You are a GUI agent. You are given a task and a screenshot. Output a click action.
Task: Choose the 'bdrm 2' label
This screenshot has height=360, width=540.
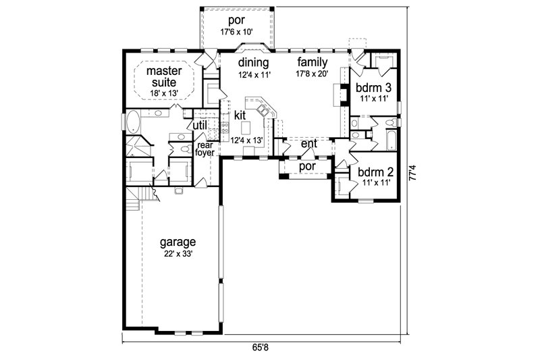371,172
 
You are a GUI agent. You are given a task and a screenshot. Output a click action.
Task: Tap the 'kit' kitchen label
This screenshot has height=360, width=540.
240,115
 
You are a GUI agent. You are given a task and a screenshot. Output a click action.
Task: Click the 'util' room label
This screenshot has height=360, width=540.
200,125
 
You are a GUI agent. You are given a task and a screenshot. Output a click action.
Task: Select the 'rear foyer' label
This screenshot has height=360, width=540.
205,149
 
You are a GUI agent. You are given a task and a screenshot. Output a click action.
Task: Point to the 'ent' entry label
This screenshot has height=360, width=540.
308,143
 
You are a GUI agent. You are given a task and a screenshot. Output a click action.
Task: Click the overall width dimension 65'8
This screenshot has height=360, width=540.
262,348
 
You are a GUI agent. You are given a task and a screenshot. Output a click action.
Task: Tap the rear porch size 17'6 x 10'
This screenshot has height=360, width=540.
236,30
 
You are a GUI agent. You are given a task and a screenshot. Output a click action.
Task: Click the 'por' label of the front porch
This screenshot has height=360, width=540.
306,165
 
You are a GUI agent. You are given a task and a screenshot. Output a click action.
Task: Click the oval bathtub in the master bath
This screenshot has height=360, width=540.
132,125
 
